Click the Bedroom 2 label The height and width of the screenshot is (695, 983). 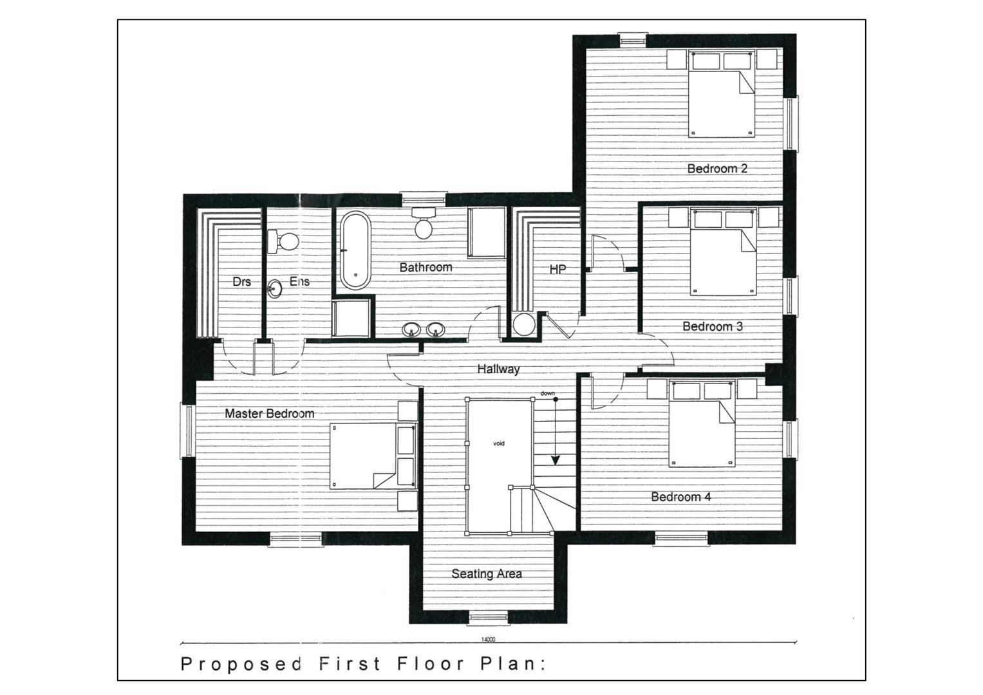[x=717, y=169]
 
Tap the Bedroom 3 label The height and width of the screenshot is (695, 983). [x=713, y=326]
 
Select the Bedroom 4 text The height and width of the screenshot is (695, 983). [x=680, y=497]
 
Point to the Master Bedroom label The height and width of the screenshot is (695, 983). [x=270, y=413]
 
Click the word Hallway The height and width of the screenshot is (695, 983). [x=498, y=369]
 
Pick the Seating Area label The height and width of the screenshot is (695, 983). [x=487, y=574]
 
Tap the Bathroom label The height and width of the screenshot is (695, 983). [x=426, y=267]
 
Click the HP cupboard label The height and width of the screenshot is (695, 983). [x=557, y=270]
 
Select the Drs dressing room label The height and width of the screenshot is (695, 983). [x=242, y=281]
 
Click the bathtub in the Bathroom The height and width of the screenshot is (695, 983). [x=356, y=250]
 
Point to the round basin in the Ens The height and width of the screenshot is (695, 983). [x=275, y=288]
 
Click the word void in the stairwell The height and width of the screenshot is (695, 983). [x=499, y=443]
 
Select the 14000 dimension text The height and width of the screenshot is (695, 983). [x=489, y=640]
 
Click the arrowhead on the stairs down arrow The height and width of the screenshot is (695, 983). [x=556, y=461]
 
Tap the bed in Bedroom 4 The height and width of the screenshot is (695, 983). [x=702, y=424]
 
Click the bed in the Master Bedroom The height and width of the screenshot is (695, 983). [x=373, y=456]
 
